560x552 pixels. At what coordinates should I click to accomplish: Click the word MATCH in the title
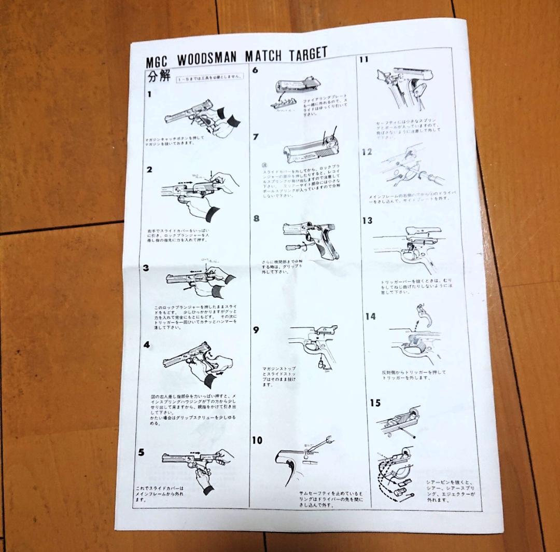(259, 56)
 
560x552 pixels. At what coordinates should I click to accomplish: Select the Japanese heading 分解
(159, 77)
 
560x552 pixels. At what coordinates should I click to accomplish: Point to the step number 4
(147, 344)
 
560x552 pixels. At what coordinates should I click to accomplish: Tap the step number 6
(255, 70)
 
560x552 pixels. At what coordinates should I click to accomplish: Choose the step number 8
(256, 218)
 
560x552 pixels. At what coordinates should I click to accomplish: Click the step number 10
(257, 440)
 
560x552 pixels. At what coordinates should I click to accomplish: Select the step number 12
(367, 152)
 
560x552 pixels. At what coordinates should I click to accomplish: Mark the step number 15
(375, 403)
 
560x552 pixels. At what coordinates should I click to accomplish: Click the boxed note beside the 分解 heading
(209, 78)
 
